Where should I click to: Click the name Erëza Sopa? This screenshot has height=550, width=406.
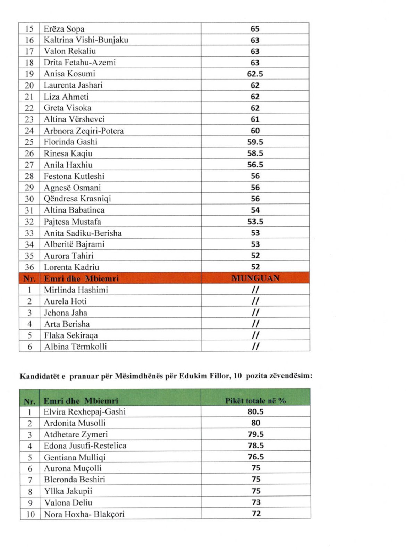(x=64, y=29)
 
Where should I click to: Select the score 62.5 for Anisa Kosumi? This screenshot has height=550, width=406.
(x=255, y=74)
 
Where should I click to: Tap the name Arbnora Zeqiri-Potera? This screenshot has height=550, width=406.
(x=84, y=131)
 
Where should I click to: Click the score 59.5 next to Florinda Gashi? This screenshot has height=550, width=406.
(x=255, y=142)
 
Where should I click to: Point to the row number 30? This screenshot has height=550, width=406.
(x=29, y=199)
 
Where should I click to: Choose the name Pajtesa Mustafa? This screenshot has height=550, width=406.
(x=72, y=222)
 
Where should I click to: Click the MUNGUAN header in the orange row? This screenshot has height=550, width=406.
(x=255, y=278)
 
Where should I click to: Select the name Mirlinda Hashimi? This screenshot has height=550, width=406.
(x=76, y=290)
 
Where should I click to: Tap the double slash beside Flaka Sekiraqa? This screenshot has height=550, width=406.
(x=255, y=335)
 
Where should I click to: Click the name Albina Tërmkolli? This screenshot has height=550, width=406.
(x=75, y=347)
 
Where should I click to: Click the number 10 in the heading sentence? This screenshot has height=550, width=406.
(x=238, y=376)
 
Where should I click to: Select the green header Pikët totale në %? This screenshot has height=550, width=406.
(x=255, y=401)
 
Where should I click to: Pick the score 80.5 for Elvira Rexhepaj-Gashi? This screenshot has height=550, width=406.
(x=256, y=412)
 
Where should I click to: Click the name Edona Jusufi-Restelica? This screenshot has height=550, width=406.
(x=85, y=446)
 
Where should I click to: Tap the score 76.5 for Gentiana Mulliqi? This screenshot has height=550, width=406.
(x=256, y=457)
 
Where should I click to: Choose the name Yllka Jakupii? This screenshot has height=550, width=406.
(x=68, y=491)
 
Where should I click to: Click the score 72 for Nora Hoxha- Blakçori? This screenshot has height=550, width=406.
(x=256, y=514)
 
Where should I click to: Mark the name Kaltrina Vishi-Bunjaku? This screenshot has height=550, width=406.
(x=86, y=40)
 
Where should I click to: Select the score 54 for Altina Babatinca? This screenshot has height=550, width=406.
(x=255, y=210)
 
